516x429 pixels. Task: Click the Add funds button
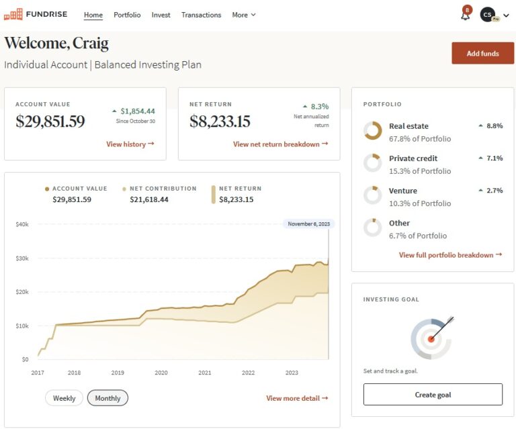pos(482,53)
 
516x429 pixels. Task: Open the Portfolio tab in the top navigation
pos(127,15)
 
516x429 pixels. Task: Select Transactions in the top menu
pos(201,15)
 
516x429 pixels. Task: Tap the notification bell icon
pos(465,15)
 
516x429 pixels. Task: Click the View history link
pos(130,144)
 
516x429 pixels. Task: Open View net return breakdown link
pos(280,144)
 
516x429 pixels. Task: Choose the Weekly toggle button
pos(64,398)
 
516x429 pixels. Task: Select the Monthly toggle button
pos(107,398)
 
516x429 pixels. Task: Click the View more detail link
pos(297,398)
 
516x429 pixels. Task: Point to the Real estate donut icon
pos(372,131)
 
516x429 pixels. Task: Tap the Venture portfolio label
pos(403,191)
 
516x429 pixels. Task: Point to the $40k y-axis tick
pos(22,224)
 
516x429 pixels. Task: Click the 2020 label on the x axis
pos(161,373)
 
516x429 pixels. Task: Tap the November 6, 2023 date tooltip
pos(308,224)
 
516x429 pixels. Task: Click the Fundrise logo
pos(36,14)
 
